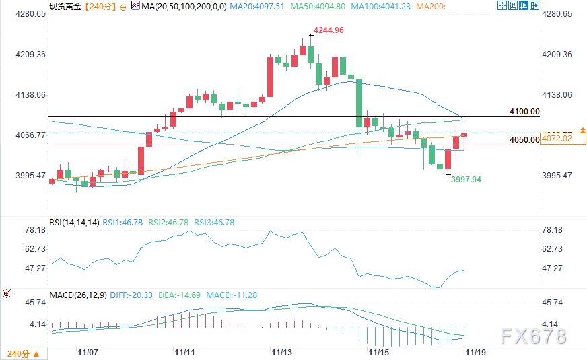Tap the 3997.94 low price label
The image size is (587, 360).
(466, 180)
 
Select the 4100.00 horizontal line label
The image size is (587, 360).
(525, 112)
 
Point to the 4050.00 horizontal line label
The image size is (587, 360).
(525, 140)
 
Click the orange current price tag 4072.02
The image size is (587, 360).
(565, 139)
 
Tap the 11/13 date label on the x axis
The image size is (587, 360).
(281, 352)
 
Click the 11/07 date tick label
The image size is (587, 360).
(88, 352)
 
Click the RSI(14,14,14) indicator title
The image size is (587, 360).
(73, 222)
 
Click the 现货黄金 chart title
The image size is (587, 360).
(64, 6)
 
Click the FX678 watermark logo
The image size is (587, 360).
(534, 335)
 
